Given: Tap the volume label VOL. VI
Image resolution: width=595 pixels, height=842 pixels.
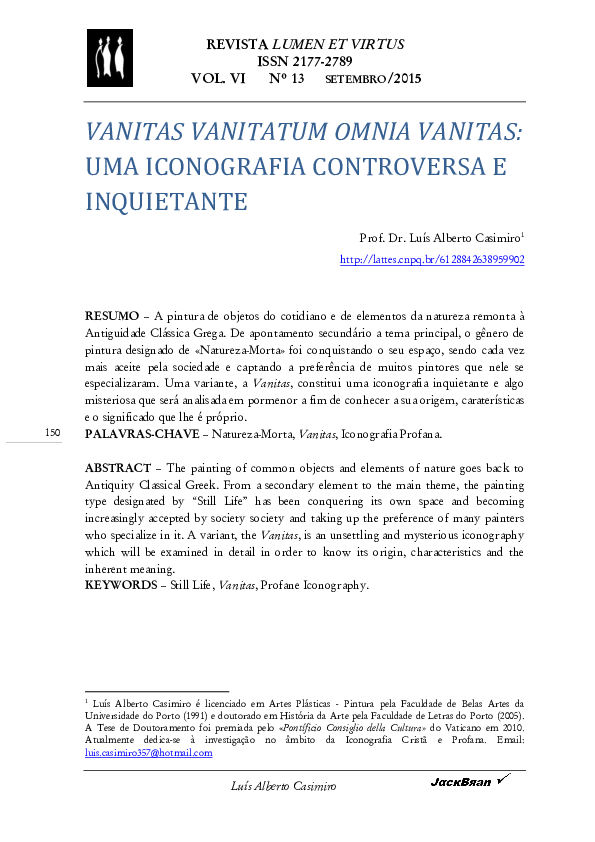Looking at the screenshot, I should (218, 78).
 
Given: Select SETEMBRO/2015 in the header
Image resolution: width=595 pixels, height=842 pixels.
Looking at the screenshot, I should (374, 79).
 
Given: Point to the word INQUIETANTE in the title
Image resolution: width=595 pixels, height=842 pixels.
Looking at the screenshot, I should (165, 200).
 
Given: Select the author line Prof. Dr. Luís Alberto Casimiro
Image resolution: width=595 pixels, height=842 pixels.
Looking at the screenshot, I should (439, 238).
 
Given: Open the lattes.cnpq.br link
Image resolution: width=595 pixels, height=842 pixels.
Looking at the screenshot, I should (432, 259).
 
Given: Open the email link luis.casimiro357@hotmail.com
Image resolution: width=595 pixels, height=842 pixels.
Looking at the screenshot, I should (148, 753).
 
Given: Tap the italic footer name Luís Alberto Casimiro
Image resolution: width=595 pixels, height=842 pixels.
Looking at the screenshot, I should (284, 787).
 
